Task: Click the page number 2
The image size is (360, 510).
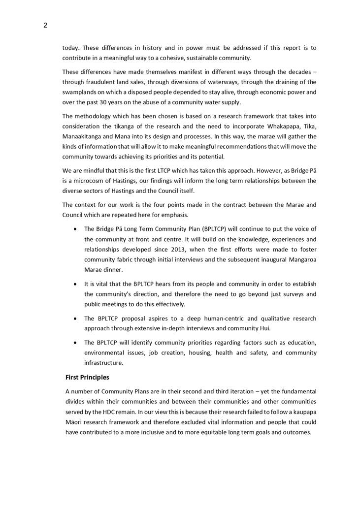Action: (x=45, y=26)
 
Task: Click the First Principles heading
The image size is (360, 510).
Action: (x=87, y=378)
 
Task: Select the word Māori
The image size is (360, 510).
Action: (x=73, y=422)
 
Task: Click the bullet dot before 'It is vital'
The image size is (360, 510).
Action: (x=74, y=284)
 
